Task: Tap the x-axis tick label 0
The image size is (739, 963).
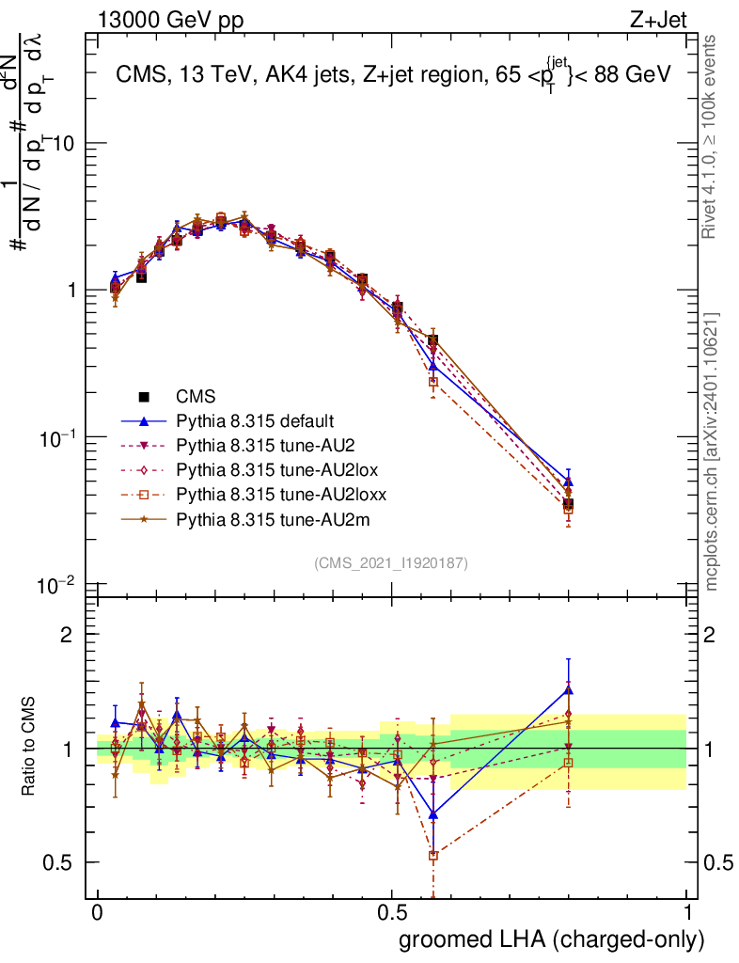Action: point(97,913)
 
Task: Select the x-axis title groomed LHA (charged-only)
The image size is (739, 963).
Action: point(553,939)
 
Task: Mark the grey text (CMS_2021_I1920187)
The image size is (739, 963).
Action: point(391,562)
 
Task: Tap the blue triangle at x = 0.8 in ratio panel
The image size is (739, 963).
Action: point(568,689)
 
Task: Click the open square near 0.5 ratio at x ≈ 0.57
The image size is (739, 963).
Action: point(433,856)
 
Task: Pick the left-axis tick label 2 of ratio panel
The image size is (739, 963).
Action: point(66,634)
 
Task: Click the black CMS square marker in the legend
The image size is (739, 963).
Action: point(146,396)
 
